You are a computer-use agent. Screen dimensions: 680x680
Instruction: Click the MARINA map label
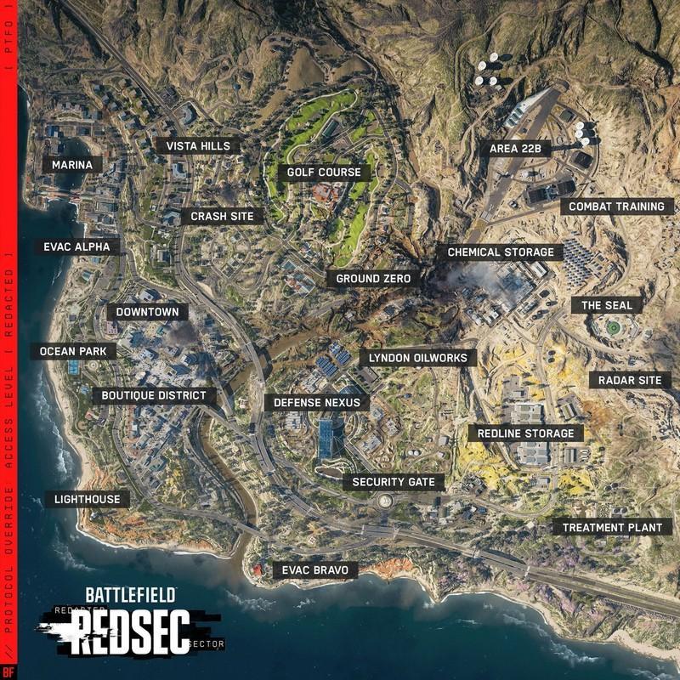point(71,164)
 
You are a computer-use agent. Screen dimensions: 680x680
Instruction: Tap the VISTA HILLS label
point(198,146)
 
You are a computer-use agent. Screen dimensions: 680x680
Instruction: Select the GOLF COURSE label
point(324,173)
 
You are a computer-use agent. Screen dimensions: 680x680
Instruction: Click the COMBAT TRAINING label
point(616,207)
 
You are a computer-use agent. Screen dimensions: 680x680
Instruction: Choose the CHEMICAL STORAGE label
point(500,252)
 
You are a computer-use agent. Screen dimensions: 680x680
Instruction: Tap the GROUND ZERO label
point(373,279)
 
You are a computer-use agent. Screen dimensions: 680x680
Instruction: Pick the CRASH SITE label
point(222,217)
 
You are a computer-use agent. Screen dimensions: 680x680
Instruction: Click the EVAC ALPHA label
point(76,247)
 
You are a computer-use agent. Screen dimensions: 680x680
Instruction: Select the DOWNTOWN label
point(147,312)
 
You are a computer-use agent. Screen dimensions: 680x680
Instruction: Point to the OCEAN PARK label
point(68,351)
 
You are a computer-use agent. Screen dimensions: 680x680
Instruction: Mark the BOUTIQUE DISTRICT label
point(154,395)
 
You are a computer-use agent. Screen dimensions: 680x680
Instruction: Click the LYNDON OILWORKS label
point(417,358)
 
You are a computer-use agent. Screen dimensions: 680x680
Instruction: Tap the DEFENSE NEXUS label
point(317,402)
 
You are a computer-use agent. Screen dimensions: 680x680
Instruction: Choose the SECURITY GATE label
point(394,482)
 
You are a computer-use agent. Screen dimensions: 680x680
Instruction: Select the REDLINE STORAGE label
point(525,433)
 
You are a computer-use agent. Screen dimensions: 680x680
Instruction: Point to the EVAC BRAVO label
point(314,569)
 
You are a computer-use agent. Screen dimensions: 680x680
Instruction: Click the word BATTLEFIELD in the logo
point(129,595)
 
